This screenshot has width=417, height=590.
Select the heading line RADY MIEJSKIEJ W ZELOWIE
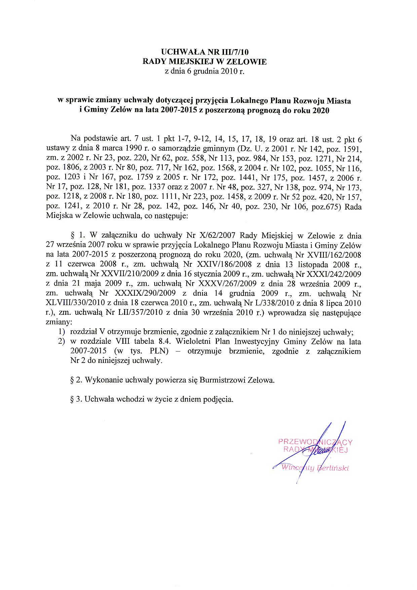[204, 62]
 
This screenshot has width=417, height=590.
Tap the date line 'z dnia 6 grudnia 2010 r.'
[204, 71]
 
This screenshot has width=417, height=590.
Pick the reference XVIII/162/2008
[334, 255]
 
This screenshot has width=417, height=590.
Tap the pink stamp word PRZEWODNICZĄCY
[315, 442]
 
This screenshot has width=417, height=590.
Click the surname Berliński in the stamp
[332, 468]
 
